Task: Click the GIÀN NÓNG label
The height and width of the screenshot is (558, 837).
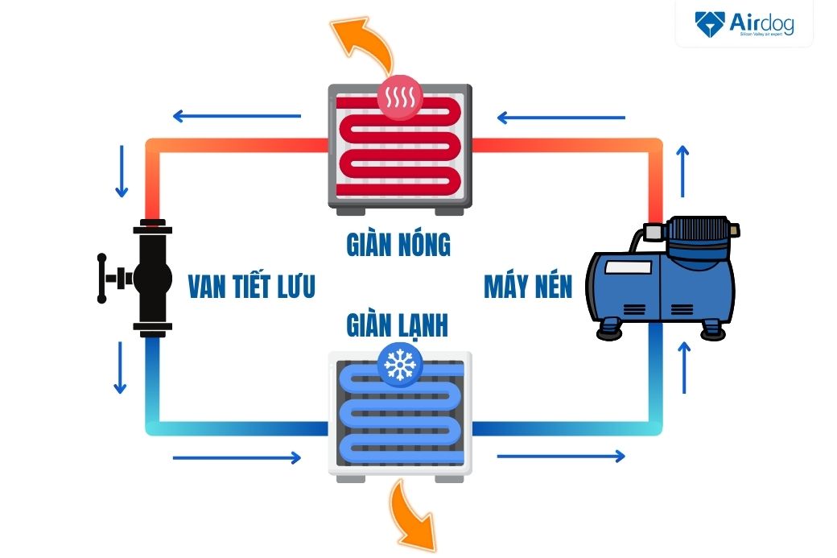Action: point(398,243)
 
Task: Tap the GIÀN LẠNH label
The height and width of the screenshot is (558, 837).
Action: point(398,324)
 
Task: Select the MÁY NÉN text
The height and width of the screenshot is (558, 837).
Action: point(528,287)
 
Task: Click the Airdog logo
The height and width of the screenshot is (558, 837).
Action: point(744,24)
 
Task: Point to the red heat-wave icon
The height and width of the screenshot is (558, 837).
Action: point(399,98)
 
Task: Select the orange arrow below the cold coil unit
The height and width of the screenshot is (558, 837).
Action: point(414,515)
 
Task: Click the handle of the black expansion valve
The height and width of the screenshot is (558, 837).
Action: point(103,279)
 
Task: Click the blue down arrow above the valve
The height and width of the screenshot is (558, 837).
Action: point(122,172)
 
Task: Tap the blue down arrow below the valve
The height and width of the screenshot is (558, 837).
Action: point(121,367)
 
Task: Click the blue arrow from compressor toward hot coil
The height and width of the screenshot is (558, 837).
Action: point(561,118)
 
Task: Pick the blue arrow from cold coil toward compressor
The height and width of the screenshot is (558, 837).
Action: point(561,457)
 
